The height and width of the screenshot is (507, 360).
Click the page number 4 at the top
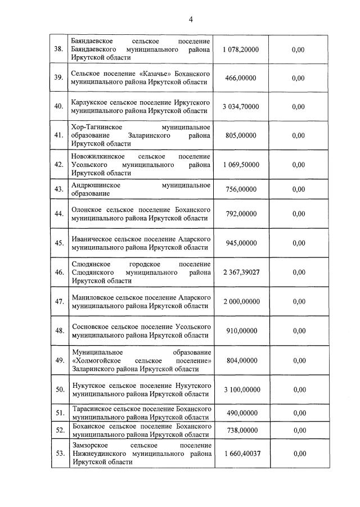click(x=191, y=20)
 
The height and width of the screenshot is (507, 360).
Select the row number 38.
click(x=58, y=49)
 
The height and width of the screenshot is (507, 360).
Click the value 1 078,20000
click(x=241, y=49)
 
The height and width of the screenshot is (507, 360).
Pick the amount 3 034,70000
click(x=241, y=106)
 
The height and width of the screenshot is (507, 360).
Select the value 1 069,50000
click(x=241, y=164)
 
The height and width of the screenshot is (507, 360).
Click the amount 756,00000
click(x=241, y=189)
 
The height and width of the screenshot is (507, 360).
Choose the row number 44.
click(x=58, y=214)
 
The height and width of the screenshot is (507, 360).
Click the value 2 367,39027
click(x=241, y=272)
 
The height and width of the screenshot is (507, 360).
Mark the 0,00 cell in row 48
click(x=298, y=331)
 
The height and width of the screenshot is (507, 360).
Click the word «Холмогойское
click(x=100, y=360)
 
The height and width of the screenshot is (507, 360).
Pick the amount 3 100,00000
click(x=241, y=389)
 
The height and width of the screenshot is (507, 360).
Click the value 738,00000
click(x=241, y=430)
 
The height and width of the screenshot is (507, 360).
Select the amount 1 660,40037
click(x=241, y=453)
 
